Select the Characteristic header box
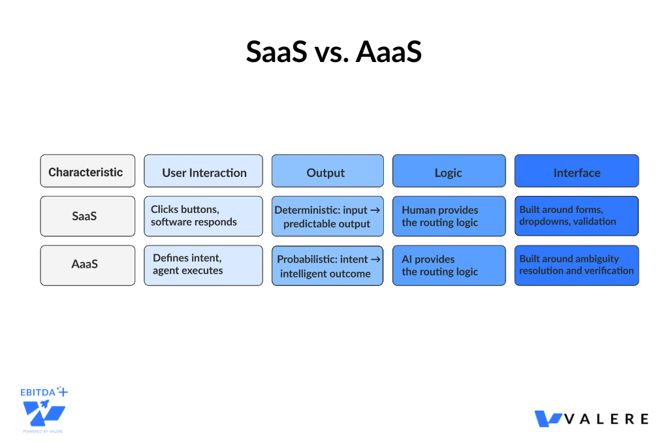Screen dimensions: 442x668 click(87, 172)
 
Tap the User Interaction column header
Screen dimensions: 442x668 click(204, 172)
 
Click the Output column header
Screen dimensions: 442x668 click(327, 172)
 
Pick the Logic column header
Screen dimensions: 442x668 click(449, 172)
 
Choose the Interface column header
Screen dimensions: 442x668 click(577, 172)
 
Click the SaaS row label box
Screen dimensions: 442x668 click(87, 216)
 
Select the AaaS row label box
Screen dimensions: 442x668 click(87, 265)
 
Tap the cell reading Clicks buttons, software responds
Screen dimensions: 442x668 click(204, 216)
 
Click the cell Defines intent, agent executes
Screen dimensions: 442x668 click(204, 265)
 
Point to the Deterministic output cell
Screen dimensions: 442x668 click(327, 217)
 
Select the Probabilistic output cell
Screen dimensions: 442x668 click(327, 266)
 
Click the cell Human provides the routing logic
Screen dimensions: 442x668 click(449, 216)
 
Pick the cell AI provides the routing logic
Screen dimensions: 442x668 click(449, 265)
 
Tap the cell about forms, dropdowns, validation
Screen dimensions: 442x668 click(577, 216)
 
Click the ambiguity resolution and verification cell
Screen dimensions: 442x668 click(577, 265)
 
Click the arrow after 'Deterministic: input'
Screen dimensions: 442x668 click(375, 210)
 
